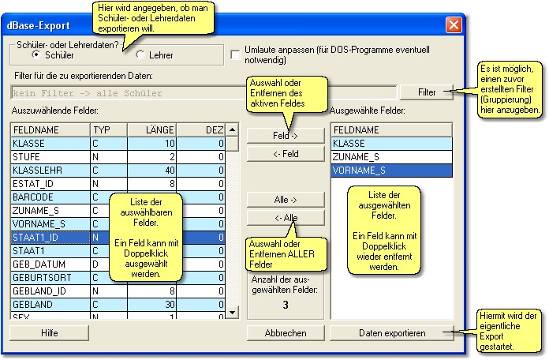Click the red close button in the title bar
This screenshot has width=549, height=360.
tap(454, 24)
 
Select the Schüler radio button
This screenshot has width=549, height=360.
tap(36, 55)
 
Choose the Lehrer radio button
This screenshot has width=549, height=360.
tap(141, 55)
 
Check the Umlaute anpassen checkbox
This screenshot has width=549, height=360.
tap(236, 54)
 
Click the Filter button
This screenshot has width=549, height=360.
tap(427, 92)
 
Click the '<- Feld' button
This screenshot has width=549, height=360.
tap(286, 154)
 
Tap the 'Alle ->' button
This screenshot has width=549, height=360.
tap(286, 200)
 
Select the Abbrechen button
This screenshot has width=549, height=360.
tap(286, 333)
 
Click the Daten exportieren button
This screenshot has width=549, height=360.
tap(392, 333)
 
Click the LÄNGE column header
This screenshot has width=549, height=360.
tap(151, 129)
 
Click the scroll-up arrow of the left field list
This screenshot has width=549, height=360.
tap(232, 130)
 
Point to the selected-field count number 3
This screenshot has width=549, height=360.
tap(286, 305)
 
